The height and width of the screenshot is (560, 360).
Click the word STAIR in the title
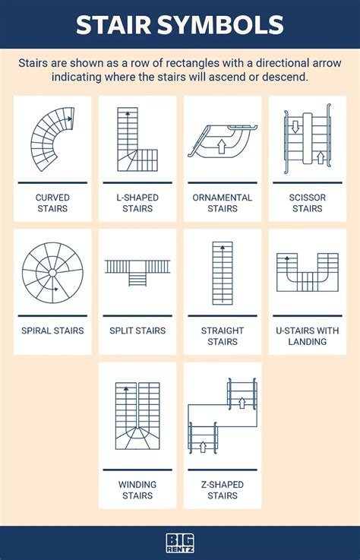coord(115,25)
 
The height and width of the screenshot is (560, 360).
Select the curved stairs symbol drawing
coord(52,138)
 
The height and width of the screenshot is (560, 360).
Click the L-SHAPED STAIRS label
coord(137,203)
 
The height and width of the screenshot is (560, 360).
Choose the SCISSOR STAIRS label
coord(308,203)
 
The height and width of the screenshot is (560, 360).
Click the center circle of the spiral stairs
coord(52,273)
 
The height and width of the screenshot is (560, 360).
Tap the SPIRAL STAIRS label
coord(52,331)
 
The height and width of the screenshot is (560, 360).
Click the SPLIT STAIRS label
coord(137,331)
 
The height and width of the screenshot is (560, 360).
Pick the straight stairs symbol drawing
coord(223,272)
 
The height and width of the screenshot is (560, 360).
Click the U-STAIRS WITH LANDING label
coord(308,336)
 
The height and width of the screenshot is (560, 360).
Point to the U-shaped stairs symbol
coord(307,272)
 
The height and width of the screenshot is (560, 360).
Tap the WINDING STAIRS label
coord(137,490)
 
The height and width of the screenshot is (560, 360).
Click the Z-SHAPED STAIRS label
coord(223,490)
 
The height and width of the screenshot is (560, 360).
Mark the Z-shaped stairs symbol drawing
coord(222,417)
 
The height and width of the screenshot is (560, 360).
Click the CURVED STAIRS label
coord(52,203)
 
